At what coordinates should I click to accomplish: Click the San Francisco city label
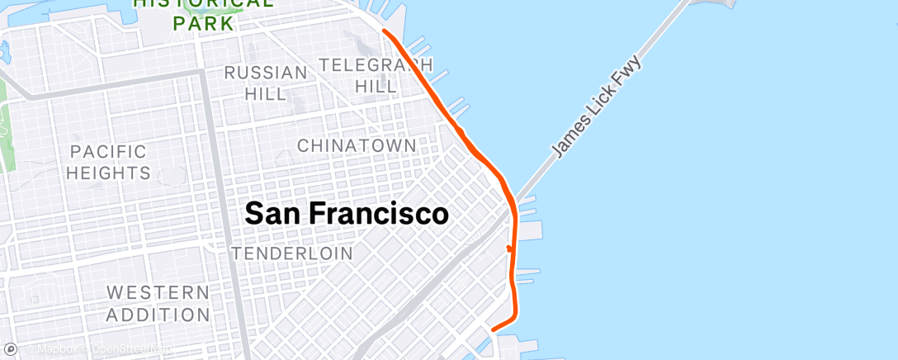coord(347,215)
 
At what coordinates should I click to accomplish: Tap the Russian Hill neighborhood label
coord(266,83)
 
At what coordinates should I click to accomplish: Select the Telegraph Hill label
coord(376,74)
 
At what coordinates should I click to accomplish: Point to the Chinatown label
coord(357,145)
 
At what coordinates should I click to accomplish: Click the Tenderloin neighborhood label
coord(292,253)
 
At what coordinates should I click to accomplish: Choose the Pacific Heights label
coord(108,162)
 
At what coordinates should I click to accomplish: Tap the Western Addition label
coord(158,303)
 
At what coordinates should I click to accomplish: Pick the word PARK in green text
coord(203,23)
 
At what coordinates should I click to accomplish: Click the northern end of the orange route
coord(385,31)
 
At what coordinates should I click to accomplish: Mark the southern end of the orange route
coord(494,329)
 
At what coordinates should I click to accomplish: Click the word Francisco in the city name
coord(380,215)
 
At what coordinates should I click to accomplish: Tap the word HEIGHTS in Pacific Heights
coord(108,173)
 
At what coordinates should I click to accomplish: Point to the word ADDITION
coord(158,315)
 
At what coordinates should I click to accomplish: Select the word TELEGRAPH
coord(376,64)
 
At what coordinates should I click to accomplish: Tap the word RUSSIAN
coord(266,73)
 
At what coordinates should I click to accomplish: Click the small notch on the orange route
coord(508,248)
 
